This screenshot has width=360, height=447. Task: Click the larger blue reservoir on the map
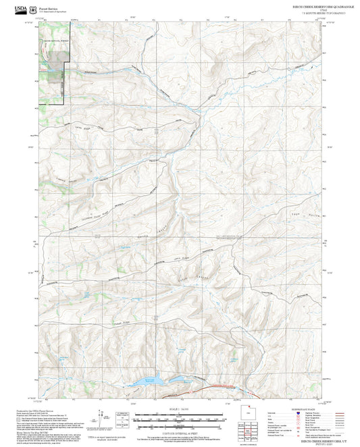coord(148,382)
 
